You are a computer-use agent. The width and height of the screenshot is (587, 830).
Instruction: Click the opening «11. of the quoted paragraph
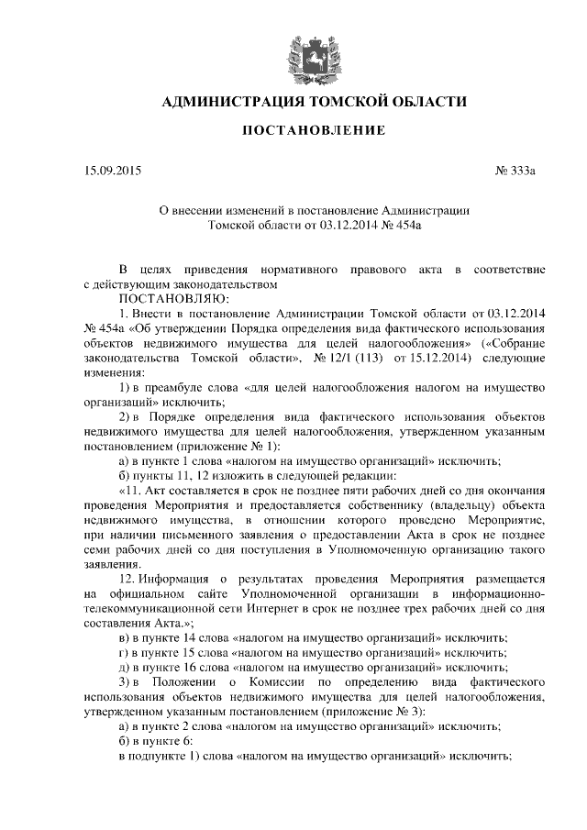pyautogui.click(x=134, y=491)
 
